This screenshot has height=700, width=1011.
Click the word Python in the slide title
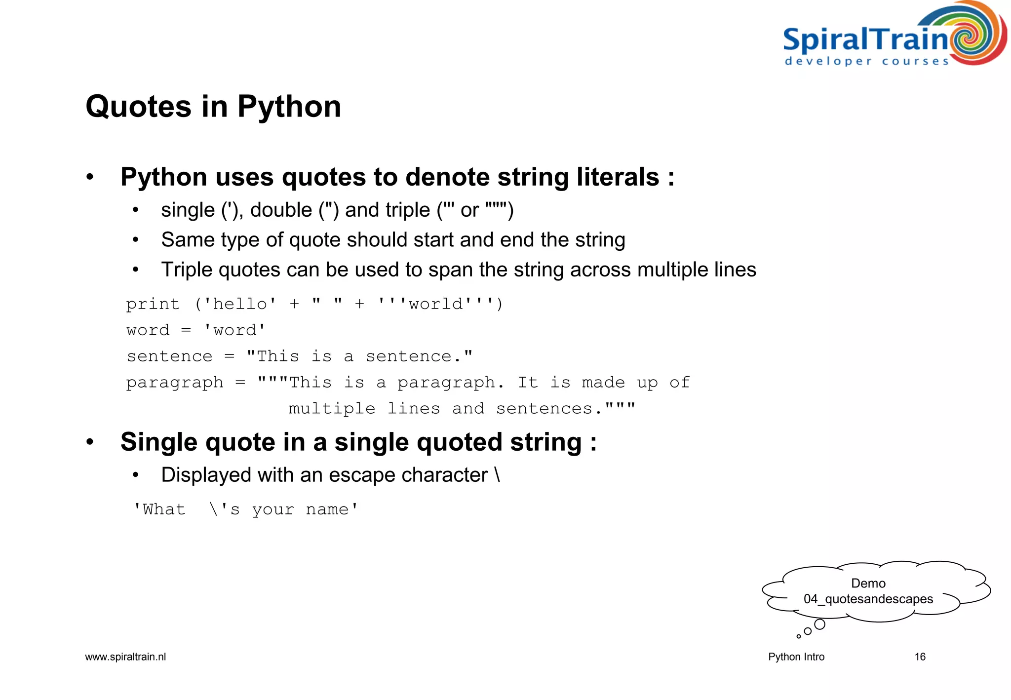289,107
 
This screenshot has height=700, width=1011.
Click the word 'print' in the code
153,304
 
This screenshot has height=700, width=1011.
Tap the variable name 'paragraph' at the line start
175,383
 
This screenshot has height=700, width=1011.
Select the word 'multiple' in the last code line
332,409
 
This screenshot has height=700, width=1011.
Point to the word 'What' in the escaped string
164,509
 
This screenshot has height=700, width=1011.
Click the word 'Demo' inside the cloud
868,583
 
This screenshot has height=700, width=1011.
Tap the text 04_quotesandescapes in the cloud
868,599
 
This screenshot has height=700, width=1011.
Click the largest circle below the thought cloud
819,624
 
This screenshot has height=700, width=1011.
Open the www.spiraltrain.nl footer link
125,657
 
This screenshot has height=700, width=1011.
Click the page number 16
920,657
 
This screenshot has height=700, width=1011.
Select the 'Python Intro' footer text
796,657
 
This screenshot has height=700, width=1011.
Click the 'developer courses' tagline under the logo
866,62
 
